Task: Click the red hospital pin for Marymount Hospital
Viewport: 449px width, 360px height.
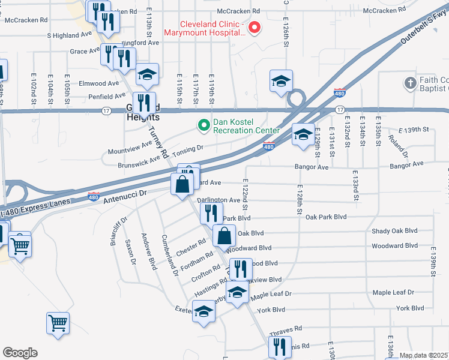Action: tap(255, 27)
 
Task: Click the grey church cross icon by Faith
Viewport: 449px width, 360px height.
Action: tap(410, 82)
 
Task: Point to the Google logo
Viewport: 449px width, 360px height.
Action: tap(20, 353)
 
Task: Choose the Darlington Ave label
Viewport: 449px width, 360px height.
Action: tap(218, 200)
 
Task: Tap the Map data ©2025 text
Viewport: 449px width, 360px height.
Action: tap(424, 355)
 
